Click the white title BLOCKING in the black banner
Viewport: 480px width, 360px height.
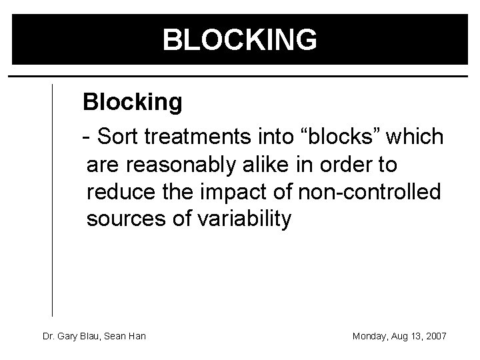coord(240,40)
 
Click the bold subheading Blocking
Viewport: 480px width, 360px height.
coord(132,102)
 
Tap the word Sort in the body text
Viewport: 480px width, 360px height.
coord(118,137)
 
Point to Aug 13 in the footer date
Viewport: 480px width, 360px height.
coord(405,336)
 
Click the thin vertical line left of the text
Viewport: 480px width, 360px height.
coord(53,200)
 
